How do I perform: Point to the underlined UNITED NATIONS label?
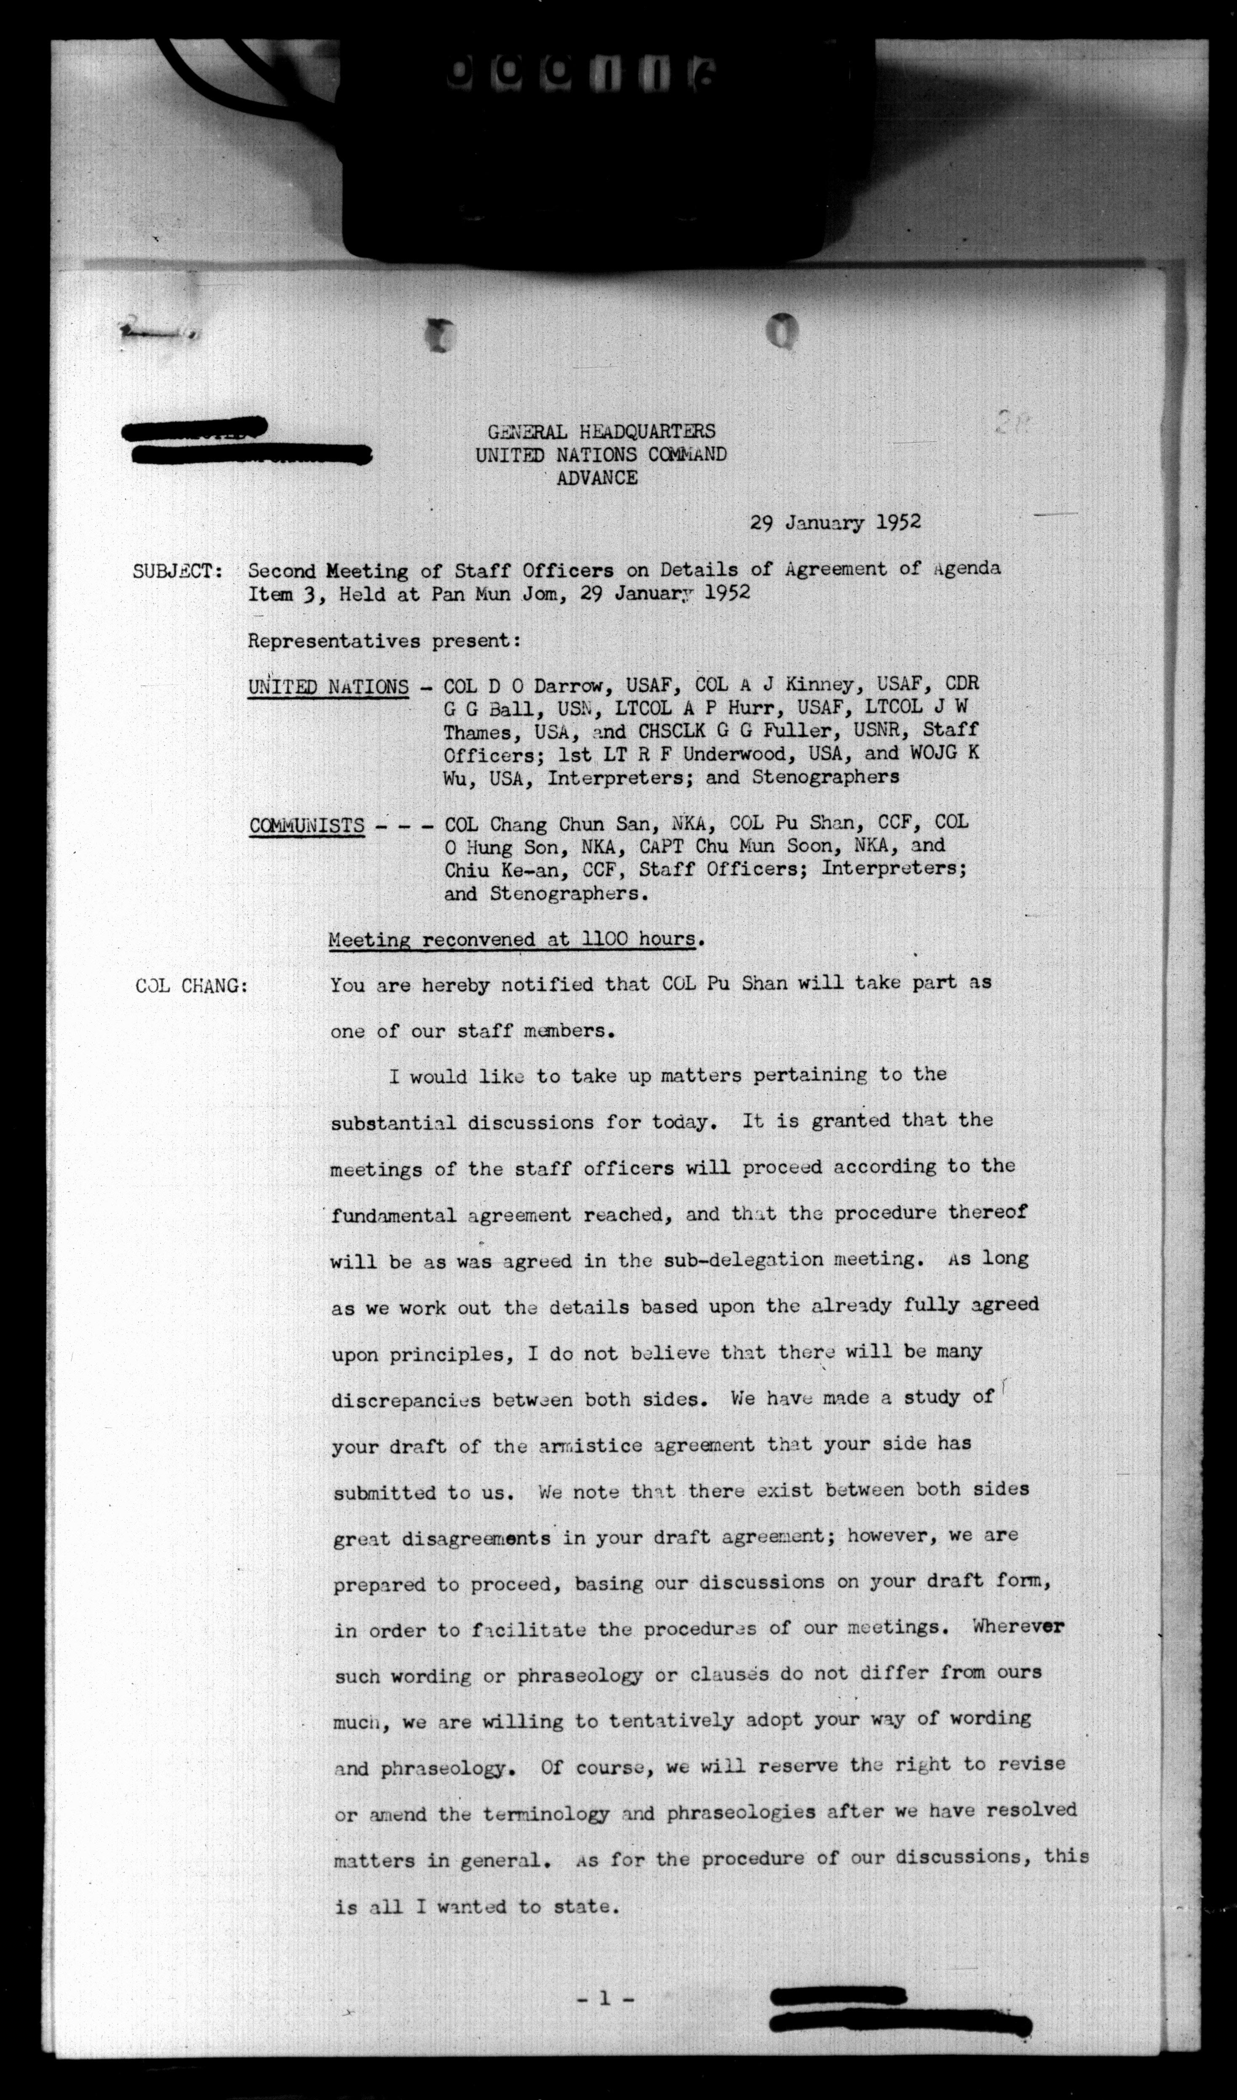(328, 687)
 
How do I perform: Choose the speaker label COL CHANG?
(191, 986)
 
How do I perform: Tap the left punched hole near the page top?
(440, 335)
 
